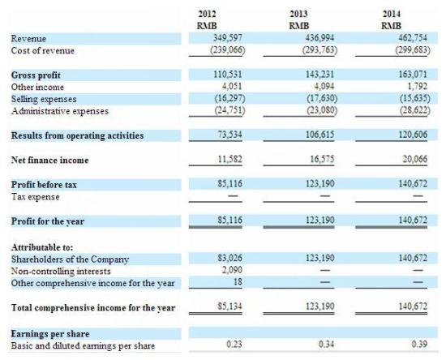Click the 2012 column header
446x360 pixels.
pyautogui.click(x=207, y=14)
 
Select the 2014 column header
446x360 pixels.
pyautogui.click(x=392, y=14)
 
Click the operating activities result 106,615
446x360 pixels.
pyautogui.click(x=320, y=135)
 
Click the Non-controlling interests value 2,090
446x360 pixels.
pyautogui.click(x=232, y=269)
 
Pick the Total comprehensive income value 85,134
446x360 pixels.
pyautogui.click(x=230, y=306)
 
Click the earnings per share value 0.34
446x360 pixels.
pyautogui.click(x=327, y=345)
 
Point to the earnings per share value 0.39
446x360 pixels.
pyautogui.click(x=419, y=345)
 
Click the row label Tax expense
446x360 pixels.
pyautogui.click(x=35, y=197)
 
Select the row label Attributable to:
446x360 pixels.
pyautogui.click(x=42, y=247)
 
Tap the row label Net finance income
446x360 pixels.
pyautogui.click(x=49, y=160)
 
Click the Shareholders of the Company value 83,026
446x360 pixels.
pyautogui.click(x=230, y=258)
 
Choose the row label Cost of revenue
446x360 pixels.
pyautogui.click(x=43, y=50)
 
